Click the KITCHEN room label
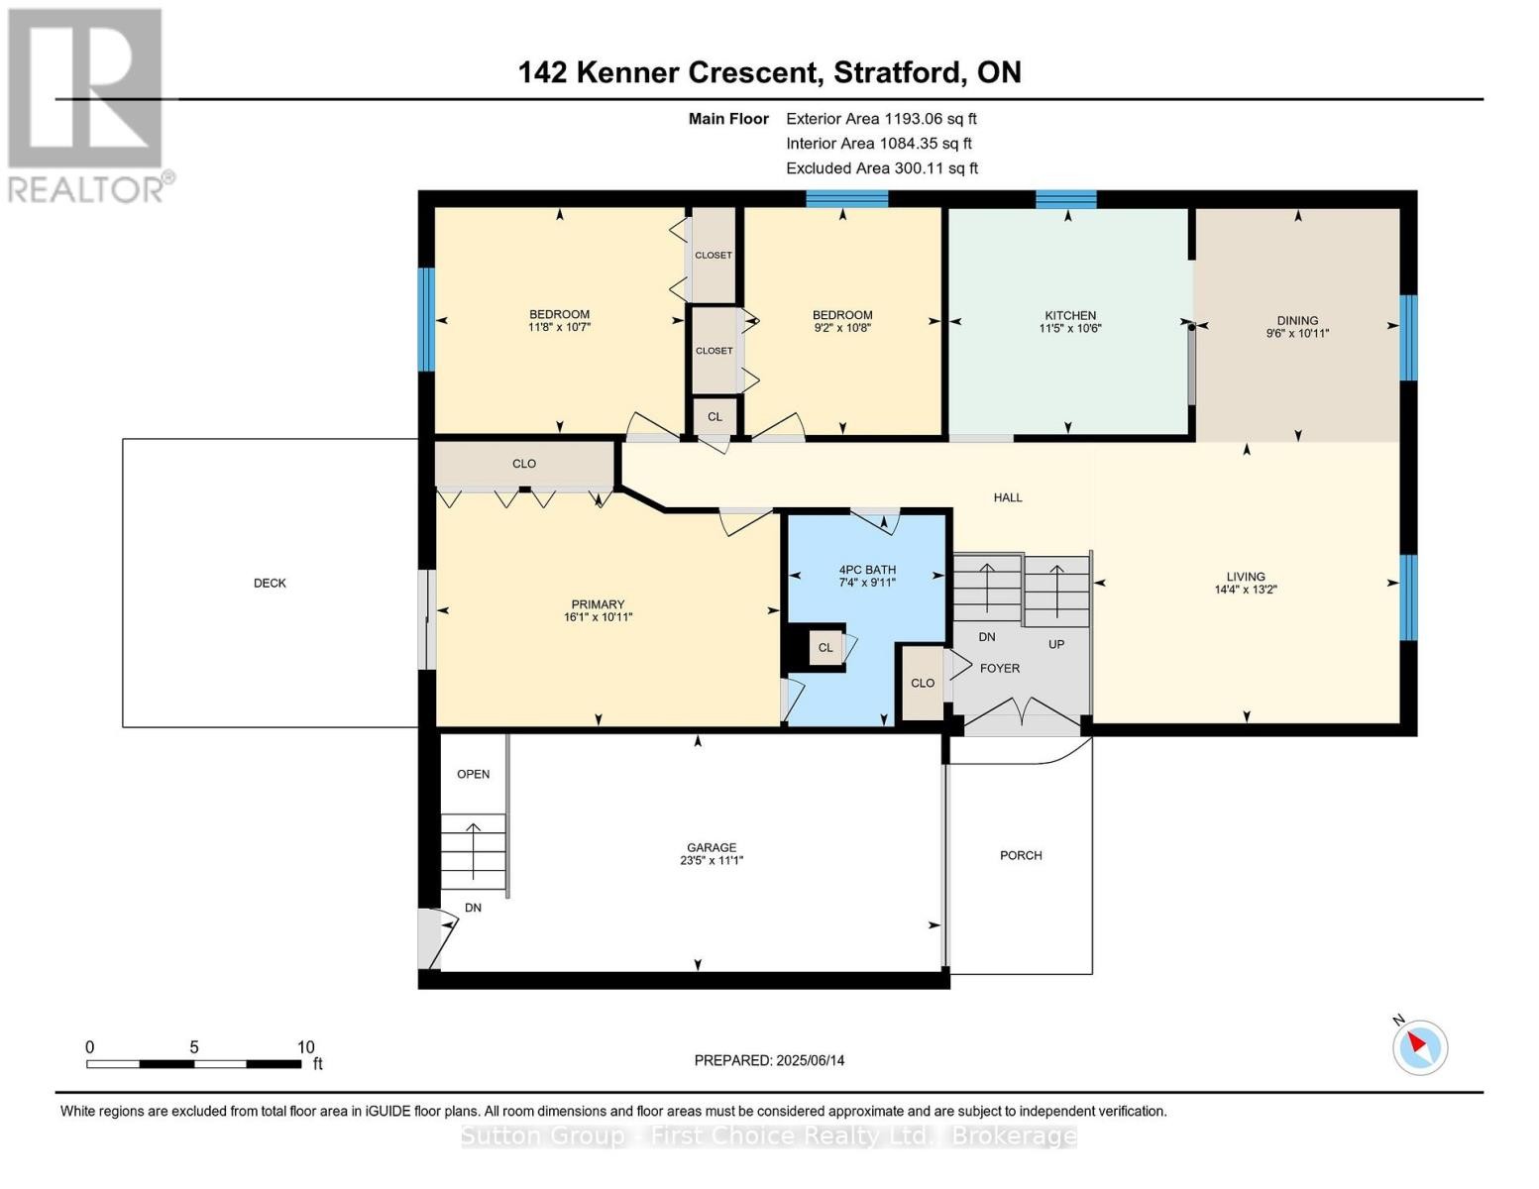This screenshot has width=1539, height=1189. pyautogui.click(x=1069, y=315)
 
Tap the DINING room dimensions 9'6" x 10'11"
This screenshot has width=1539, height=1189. pyautogui.click(x=1297, y=334)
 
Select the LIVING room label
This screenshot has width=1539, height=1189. pyautogui.click(x=1246, y=576)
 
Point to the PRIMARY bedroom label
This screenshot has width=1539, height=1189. pyautogui.click(x=598, y=604)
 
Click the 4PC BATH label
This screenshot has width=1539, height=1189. pyautogui.click(x=867, y=570)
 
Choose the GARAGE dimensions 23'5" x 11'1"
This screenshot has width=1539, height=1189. pyautogui.click(x=712, y=861)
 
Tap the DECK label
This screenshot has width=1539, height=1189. pyautogui.click(x=270, y=584)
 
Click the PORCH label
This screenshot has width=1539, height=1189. pyautogui.click(x=1021, y=855)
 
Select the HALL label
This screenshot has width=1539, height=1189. pyautogui.click(x=1008, y=497)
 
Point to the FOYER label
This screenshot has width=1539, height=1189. pyautogui.click(x=1000, y=669)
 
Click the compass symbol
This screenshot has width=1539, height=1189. pyautogui.click(x=1420, y=1046)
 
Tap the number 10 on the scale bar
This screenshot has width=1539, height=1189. pyautogui.click(x=306, y=1047)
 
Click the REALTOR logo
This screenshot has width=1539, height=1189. pyautogui.click(x=87, y=104)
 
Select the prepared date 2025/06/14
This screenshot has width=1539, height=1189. pyautogui.click(x=811, y=1060)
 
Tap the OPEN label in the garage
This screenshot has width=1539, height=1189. pyautogui.click(x=474, y=774)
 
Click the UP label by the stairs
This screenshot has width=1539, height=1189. pyautogui.click(x=1056, y=644)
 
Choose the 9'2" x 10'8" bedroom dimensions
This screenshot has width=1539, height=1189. pyautogui.click(x=842, y=327)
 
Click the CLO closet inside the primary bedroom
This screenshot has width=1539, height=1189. pyautogui.click(x=524, y=464)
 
